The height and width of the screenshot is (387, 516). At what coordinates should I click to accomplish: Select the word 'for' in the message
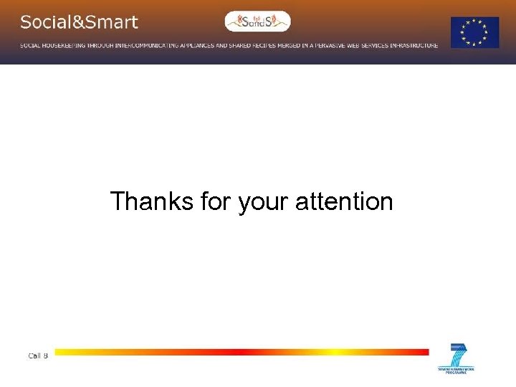click(x=214, y=201)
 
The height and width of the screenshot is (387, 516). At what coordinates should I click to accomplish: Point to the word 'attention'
click(x=344, y=201)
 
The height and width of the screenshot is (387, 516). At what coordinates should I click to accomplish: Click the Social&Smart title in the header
click(x=79, y=22)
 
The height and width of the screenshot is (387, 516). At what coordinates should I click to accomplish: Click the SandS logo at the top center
click(x=258, y=21)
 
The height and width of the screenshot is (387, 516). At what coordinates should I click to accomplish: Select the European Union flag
click(x=474, y=33)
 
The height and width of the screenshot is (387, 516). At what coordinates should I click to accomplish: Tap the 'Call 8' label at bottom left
click(x=38, y=355)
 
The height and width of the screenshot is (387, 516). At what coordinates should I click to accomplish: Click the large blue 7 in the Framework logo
click(x=456, y=356)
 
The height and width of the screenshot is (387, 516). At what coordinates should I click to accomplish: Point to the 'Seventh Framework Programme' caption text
click(x=456, y=371)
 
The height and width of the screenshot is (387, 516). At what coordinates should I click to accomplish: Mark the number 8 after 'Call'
click(x=46, y=355)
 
